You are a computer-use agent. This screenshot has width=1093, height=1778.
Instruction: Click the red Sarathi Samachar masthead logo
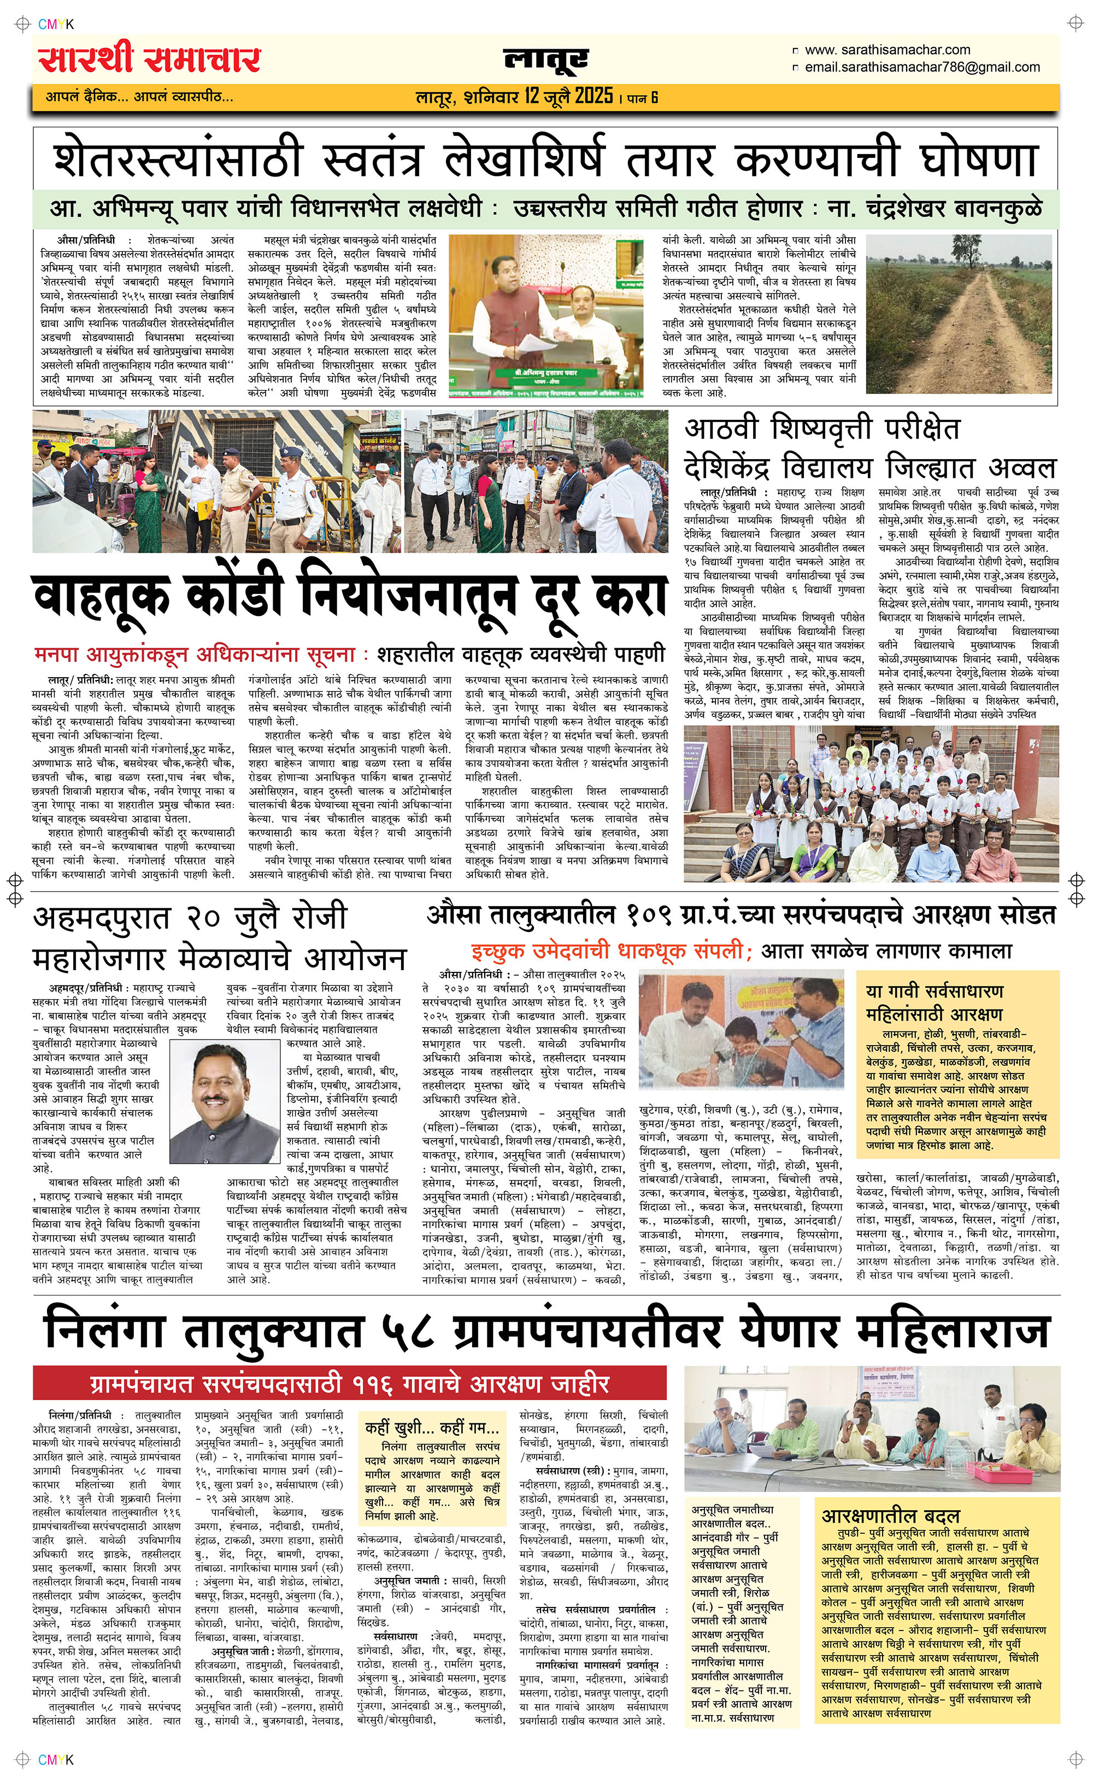[150, 60]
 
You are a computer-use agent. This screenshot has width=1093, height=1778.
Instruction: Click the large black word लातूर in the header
[546, 60]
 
